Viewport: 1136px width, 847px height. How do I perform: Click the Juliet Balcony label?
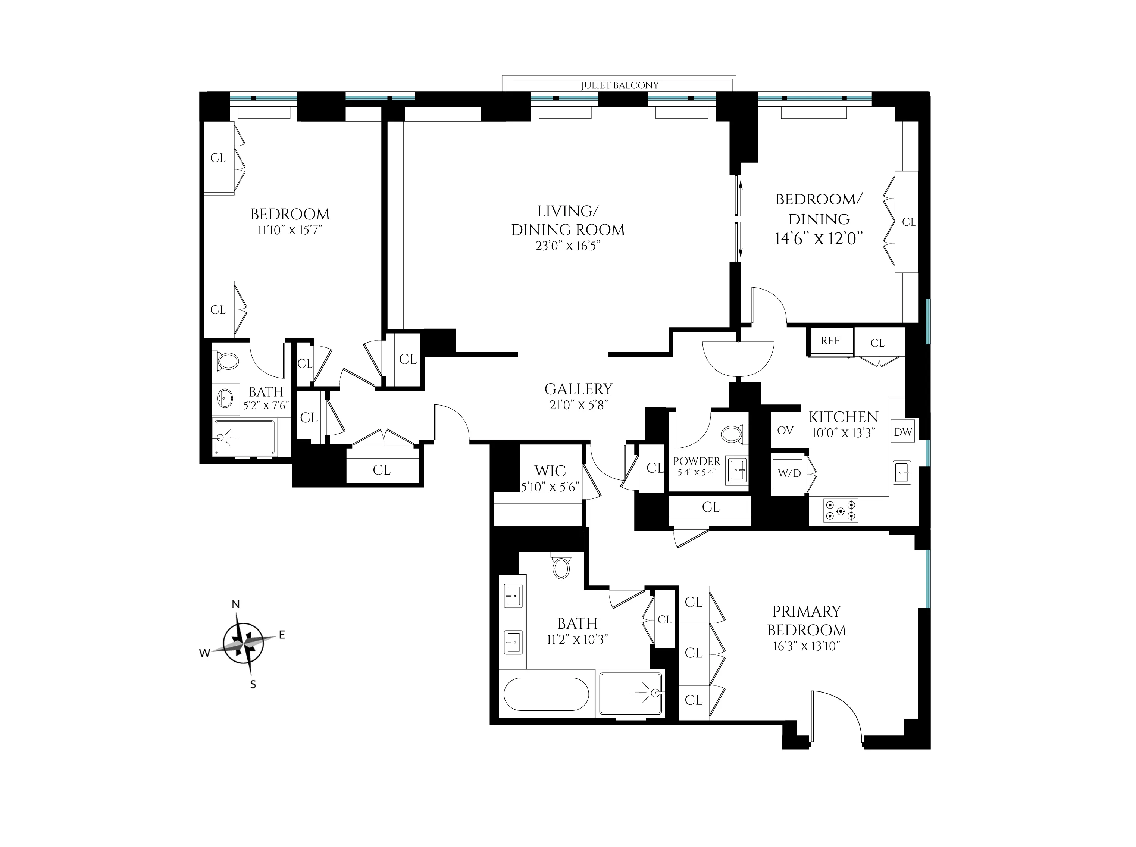click(x=619, y=85)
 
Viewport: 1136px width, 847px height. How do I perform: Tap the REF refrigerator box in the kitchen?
click(x=830, y=341)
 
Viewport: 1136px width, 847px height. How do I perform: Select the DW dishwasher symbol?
click(x=903, y=432)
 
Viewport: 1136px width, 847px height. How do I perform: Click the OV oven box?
click(x=785, y=430)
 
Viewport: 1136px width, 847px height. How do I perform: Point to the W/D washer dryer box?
click(x=788, y=473)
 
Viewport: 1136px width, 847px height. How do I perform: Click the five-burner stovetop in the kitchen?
click(x=840, y=511)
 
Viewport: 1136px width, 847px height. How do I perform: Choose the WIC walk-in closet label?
click(x=550, y=471)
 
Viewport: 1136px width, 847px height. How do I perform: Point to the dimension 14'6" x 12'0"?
click(x=819, y=239)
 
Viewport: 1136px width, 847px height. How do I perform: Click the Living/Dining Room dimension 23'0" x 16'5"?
click(x=567, y=246)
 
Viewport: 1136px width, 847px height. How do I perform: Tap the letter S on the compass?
click(x=253, y=684)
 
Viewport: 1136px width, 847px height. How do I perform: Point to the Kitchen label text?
click(x=843, y=417)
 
